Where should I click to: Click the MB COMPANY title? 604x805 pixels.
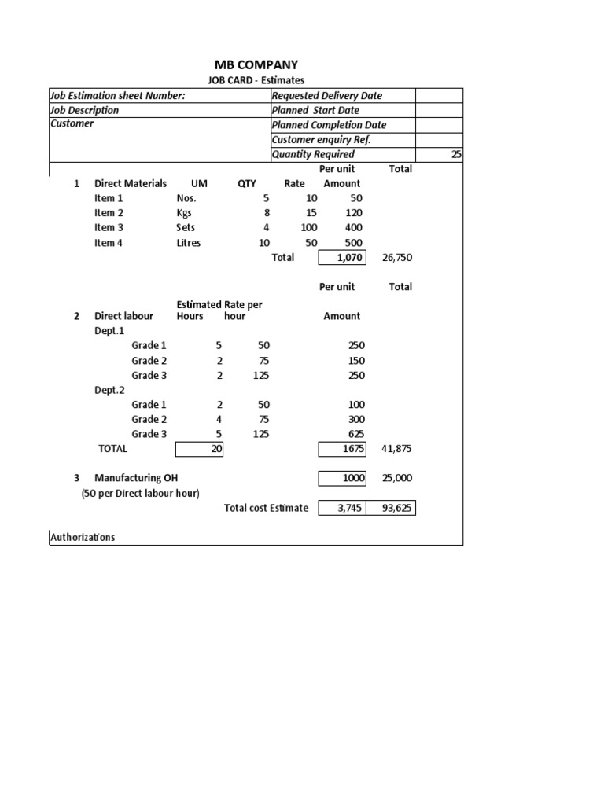(x=256, y=64)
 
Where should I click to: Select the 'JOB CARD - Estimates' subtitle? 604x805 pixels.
(x=256, y=80)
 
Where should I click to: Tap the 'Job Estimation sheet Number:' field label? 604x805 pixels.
(x=118, y=96)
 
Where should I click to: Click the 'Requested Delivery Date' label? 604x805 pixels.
(x=326, y=96)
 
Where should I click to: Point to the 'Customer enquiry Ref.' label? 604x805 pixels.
(x=321, y=140)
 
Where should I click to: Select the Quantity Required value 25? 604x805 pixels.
(x=456, y=155)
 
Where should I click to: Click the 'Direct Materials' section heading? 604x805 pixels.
(x=131, y=183)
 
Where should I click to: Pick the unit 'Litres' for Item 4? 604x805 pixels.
(x=189, y=243)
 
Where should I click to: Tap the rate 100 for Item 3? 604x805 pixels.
(x=309, y=228)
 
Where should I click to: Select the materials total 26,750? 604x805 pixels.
(x=397, y=258)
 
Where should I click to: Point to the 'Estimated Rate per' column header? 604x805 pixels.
(x=219, y=305)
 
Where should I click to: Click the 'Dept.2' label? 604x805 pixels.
(x=109, y=390)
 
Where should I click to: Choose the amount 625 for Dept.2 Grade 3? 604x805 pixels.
(x=355, y=434)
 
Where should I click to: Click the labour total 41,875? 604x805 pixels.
(x=397, y=449)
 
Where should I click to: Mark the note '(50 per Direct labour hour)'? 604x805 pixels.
(x=140, y=493)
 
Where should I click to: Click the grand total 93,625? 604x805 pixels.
(x=397, y=508)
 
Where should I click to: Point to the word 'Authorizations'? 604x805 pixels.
(x=83, y=538)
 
